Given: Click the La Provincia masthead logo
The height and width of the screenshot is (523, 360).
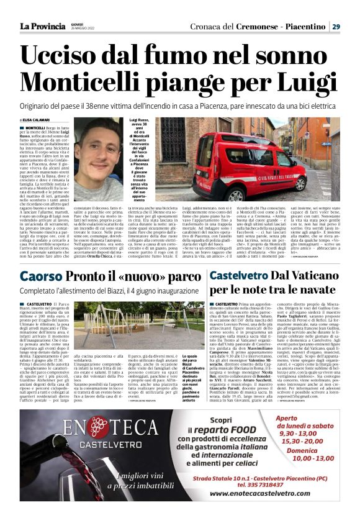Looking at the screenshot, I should (x=42, y=26).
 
